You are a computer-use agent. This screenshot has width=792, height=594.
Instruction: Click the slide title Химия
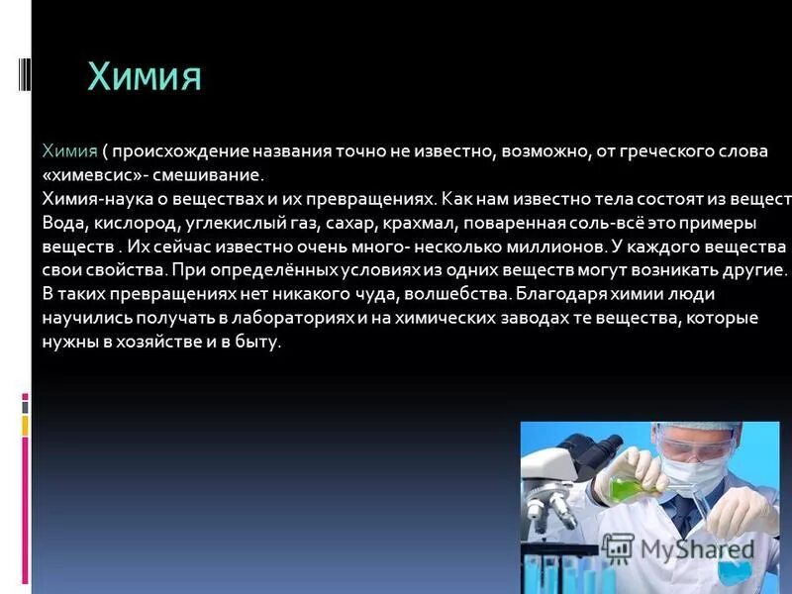click(145, 77)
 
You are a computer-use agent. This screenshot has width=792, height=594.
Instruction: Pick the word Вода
click(62, 221)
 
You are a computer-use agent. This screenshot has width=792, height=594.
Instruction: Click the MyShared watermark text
click(693, 550)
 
